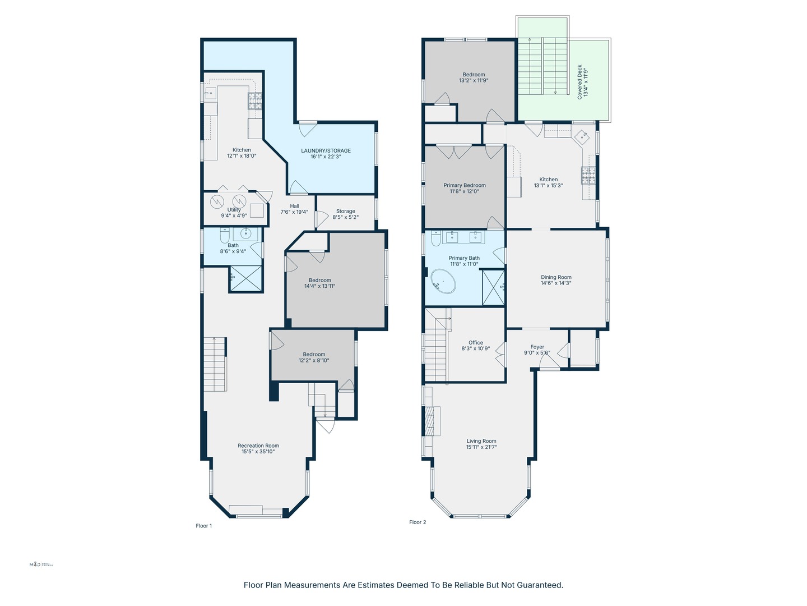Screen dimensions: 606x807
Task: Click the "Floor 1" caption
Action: click(203, 526)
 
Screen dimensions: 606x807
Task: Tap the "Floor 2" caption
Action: click(418, 522)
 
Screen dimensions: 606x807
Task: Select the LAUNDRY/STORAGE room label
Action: click(326, 150)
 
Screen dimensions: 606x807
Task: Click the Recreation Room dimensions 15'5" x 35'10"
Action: click(258, 452)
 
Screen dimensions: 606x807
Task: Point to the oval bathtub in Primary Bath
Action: click(443, 281)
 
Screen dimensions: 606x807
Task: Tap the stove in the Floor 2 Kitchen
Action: click(588, 176)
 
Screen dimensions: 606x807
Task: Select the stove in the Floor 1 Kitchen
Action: click(256, 100)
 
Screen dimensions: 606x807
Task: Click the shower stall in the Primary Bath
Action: click(493, 287)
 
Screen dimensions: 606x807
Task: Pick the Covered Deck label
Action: click(579, 82)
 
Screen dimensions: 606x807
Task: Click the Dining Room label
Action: click(556, 277)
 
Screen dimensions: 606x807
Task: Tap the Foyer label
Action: click(537, 347)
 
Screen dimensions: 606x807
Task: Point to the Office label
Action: click(476, 342)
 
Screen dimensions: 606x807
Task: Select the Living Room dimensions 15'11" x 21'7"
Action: click(481, 447)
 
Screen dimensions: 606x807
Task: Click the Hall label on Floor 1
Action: click(294, 206)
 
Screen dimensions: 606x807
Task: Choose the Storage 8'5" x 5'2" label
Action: click(345, 214)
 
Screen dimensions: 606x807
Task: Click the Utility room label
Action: click(234, 210)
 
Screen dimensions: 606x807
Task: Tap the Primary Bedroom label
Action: click(465, 185)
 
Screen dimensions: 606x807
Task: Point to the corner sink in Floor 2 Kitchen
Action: click(583, 136)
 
